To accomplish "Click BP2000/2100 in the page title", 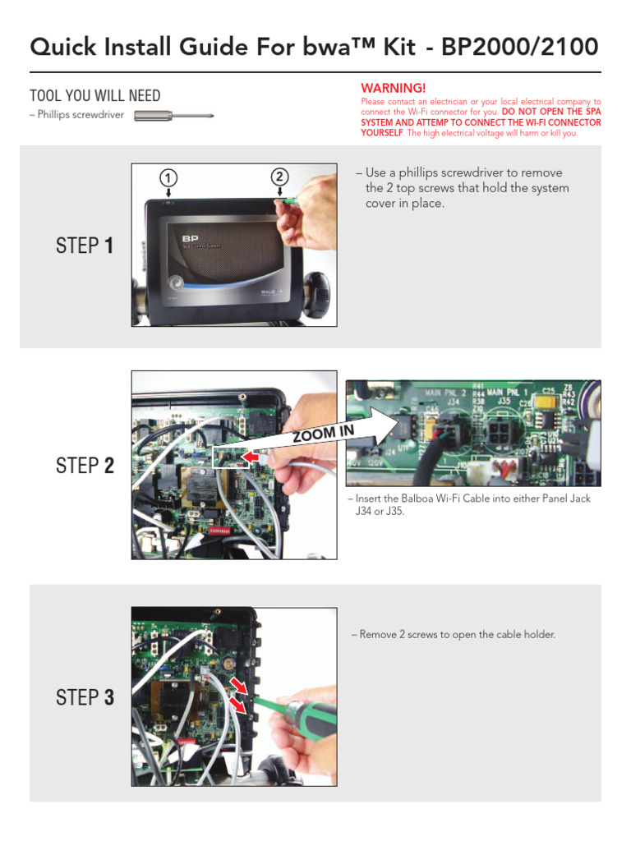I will (x=520, y=47).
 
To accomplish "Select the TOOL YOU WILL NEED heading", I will (x=94, y=96).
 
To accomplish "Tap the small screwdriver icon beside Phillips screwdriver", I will (x=173, y=116).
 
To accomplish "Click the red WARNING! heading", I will (x=394, y=88).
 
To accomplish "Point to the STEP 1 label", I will (x=85, y=246).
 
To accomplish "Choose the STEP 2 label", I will (x=85, y=466).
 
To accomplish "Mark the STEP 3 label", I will (x=85, y=698).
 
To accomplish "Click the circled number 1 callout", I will (x=168, y=178).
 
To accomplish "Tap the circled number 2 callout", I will (x=279, y=177).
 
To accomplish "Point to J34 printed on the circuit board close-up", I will (x=453, y=402).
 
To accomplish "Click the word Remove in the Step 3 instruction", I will (x=378, y=635).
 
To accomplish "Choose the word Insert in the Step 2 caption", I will (x=371, y=499).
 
